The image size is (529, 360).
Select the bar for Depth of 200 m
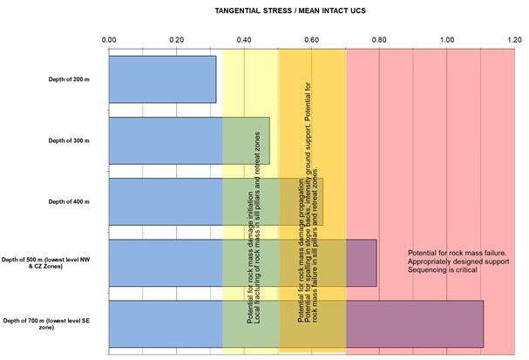coord(162,79)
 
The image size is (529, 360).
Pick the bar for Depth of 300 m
coord(189,140)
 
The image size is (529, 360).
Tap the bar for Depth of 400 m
coord(216,201)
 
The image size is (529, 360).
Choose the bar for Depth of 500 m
coord(242,262)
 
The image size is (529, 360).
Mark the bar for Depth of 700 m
coord(296,324)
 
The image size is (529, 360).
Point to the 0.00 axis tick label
coord(109,40)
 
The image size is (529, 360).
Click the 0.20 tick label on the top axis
coord(176,40)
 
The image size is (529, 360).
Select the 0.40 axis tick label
coord(244,40)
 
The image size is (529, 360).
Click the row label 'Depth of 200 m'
coord(73,79)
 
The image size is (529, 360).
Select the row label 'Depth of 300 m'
coord(73,140)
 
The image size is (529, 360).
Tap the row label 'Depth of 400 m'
coord(73,201)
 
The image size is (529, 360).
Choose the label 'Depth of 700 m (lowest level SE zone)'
coord(52,324)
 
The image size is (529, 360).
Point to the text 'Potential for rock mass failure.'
coord(458,253)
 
